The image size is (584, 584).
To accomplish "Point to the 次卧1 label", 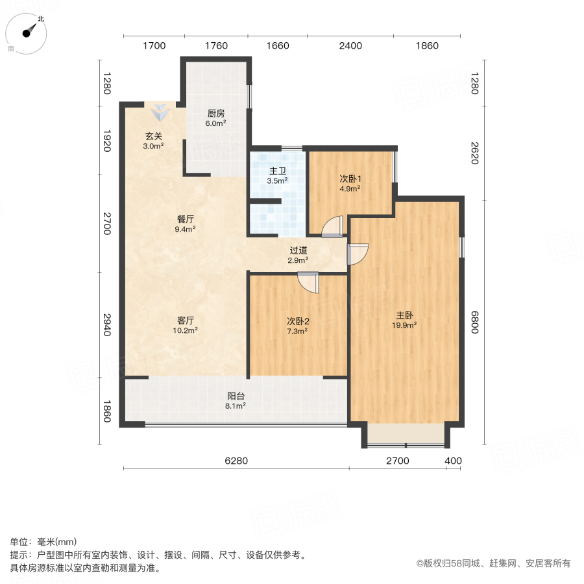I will [x=350, y=178].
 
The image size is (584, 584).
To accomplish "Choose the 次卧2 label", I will [x=298, y=321].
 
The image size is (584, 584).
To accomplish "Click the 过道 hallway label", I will [x=298, y=250].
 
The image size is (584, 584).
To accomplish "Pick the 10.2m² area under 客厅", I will [x=186, y=330].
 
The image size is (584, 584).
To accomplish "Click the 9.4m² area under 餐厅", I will [x=186, y=229].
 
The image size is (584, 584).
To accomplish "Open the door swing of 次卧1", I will [x=332, y=226].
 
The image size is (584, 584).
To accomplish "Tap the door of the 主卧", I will [x=358, y=254].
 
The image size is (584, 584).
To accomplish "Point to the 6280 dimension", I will [x=236, y=461].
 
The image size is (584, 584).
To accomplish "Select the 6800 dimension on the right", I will [x=475, y=322].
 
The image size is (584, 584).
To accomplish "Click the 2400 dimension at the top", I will [x=350, y=45].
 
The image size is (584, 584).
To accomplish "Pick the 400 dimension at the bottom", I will [x=453, y=461].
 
